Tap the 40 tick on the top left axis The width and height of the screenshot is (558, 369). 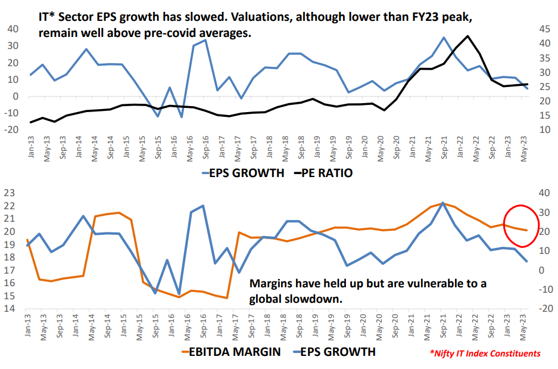pyautogui.click(x=11, y=29)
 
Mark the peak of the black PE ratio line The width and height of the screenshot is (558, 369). pyautogui.click(x=468, y=36)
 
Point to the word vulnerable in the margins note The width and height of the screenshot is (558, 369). pyautogui.click(x=426, y=284)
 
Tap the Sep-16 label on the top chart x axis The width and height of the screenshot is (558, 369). pyautogui.click(x=204, y=145)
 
